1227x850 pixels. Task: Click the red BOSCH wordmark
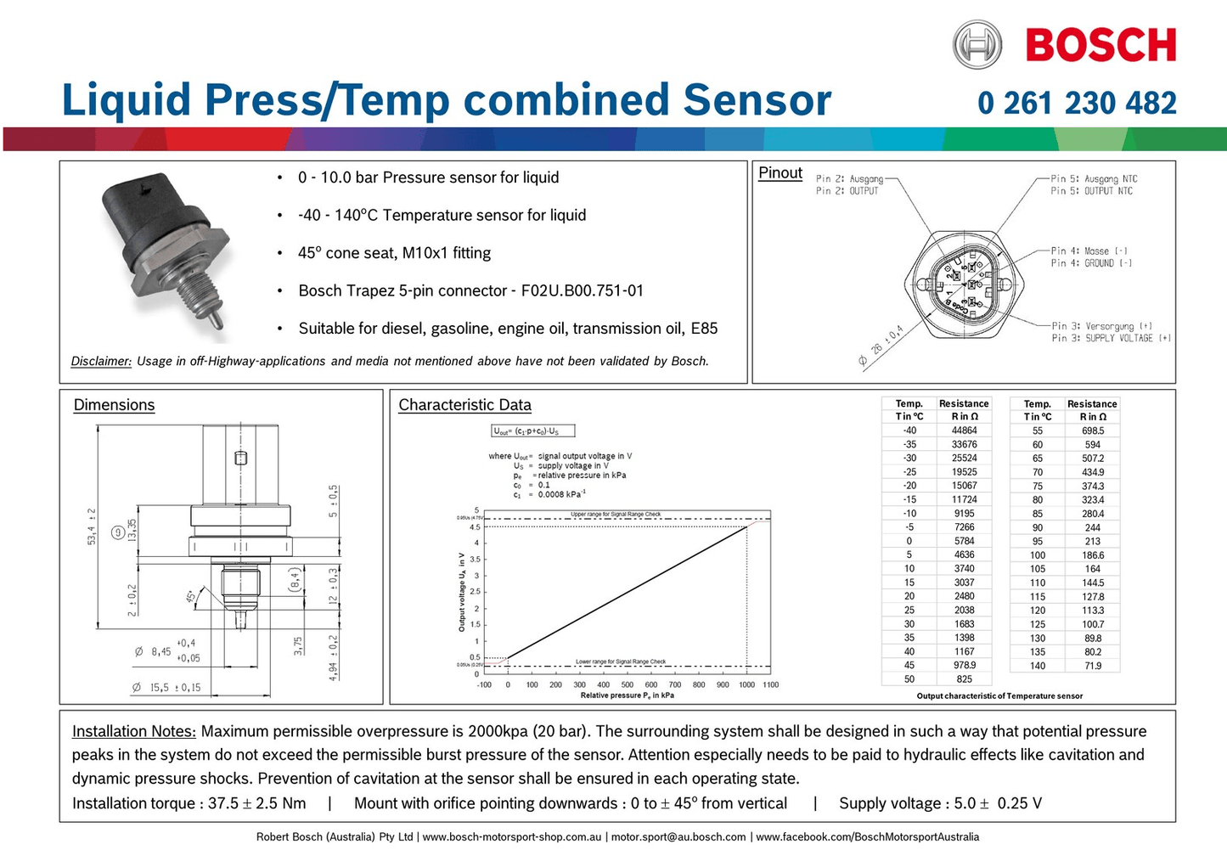pos(1100,46)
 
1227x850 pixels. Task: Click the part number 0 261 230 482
pos(1077,104)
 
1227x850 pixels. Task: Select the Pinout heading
pos(780,173)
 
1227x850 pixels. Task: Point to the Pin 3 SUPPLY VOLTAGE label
pos(1111,338)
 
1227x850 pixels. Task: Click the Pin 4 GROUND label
pos(1091,263)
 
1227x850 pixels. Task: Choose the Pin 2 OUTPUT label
pos(847,191)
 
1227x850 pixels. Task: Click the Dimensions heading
pos(114,405)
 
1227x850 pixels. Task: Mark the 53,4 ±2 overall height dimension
pos(92,526)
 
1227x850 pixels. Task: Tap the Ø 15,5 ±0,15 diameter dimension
pos(166,688)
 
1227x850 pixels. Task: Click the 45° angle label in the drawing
pos(192,597)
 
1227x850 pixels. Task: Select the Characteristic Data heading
pos(464,405)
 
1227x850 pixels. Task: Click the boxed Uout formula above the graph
pos(533,431)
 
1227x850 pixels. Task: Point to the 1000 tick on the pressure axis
pos(746,684)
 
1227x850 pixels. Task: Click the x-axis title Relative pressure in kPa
pos(627,695)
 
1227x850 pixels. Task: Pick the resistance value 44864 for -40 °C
pos(964,431)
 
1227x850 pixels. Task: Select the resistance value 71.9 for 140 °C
pos(1092,666)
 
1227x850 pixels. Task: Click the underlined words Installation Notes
pos(134,731)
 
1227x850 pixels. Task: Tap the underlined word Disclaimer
pos(101,362)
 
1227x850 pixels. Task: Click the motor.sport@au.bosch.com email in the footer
pos(678,837)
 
